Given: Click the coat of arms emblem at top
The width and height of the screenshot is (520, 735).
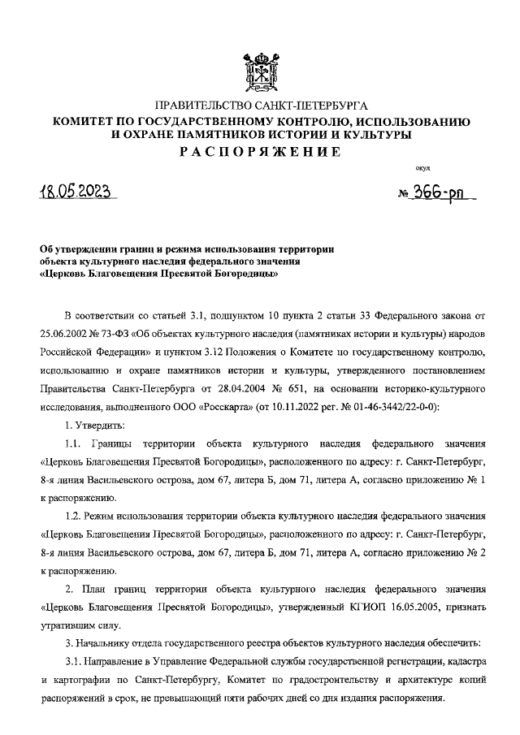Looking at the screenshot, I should click(259, 71).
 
